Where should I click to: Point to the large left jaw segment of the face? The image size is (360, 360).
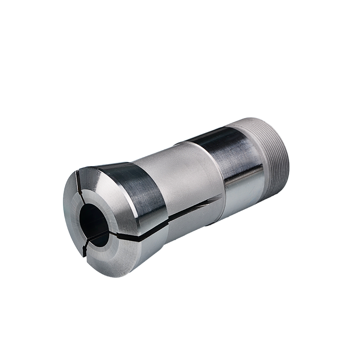[x=72, y=216]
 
